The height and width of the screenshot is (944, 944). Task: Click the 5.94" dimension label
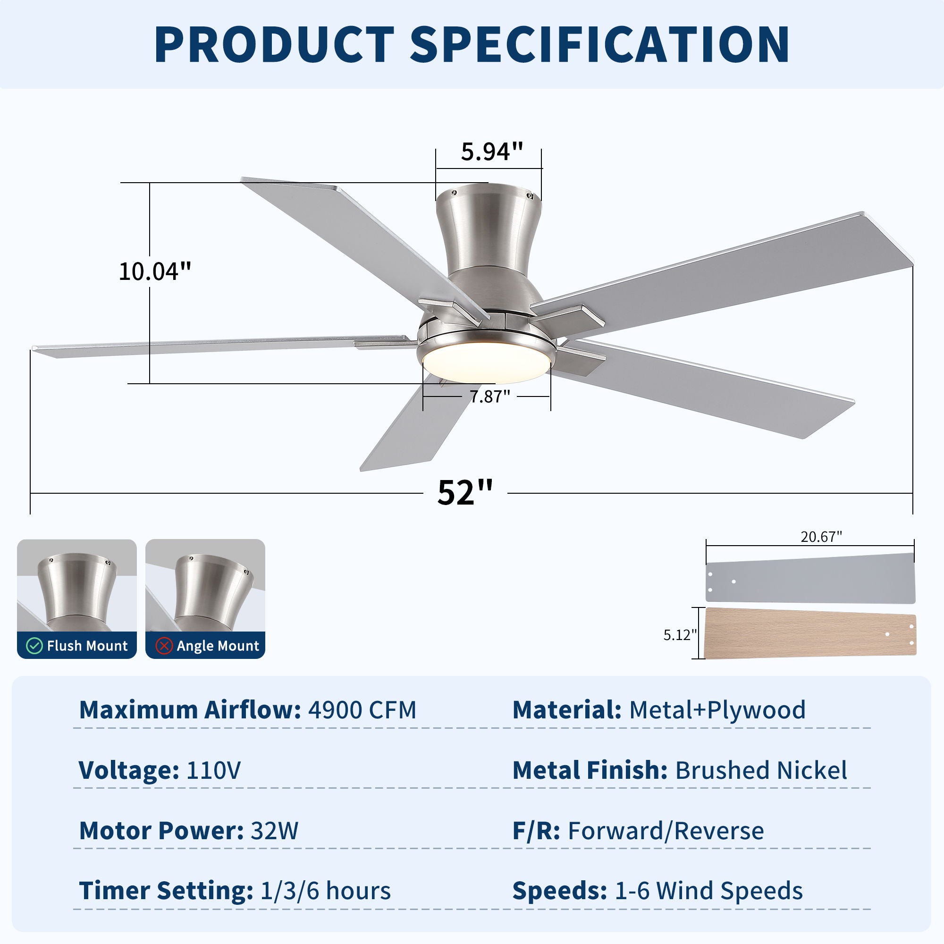pyautogui.click(x=491, y=152)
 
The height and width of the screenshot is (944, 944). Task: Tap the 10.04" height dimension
pyautogui.click(x=154, y=271)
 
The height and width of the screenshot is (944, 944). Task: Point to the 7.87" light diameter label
pyautogui.click(x=489, y=396)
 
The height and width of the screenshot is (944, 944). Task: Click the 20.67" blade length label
pyautogui.click(x=821, y=537)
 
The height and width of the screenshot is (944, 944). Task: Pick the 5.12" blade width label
pyautogui.click(x=680, y=635)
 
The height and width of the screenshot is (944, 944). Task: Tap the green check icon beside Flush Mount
pyautogui.click(x=34, y=646)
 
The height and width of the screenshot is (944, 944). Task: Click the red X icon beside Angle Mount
pyautogui.click(x=164, y=646)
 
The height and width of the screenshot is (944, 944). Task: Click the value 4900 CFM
pyautogui.click(x=362, y=710)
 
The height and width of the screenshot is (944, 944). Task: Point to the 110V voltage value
pyautogui.click(x=213, y=771)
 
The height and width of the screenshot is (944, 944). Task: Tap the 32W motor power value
pyautogui.click(x=274, y=831)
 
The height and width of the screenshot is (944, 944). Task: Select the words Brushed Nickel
pyautogui.click(x=761, y=771)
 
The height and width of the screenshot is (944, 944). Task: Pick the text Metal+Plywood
pyautogui.click(x=717, y=710)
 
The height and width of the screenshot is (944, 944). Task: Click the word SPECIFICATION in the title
pyautogui.click(x=599, y=45)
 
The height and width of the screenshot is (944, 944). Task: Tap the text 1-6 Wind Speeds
pyautogui.click(x=708, y=891)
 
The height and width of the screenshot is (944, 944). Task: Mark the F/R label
pyautogui.click(x=536, y=831)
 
